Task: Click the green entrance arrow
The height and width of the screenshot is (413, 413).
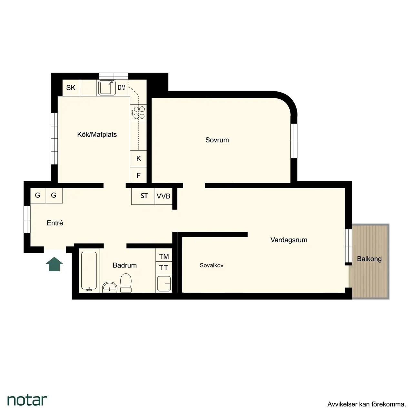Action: (x=54, y=264)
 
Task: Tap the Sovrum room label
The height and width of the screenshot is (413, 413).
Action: (x=217, y=140)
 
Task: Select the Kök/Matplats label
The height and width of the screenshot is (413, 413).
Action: (x=97, y=135)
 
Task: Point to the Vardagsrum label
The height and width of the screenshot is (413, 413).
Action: (x=289, y=240)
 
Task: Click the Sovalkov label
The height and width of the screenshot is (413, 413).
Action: (x=211, y=265)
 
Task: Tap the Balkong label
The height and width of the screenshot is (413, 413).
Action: (x=369, y=259)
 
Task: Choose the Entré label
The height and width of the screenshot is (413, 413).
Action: (x=55, y=223)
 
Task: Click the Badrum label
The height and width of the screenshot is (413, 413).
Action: (x=125, y=265)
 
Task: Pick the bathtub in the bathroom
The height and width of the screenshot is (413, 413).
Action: (x=89, y=271)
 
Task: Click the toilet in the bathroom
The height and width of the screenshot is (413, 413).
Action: (x=126, y=283)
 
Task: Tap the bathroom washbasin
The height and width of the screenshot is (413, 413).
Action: (x=110, y=287)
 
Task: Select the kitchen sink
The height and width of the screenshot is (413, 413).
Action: (x=106, y=88)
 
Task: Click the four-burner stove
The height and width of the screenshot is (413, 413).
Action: (x=138, y=113)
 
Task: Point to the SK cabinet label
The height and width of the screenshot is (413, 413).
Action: (x=71, y=88)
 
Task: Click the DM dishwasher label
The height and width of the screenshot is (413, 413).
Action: (x=122, y=87)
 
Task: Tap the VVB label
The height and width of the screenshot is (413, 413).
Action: (x=163, y=196)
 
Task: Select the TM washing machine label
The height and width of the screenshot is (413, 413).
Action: (x=164, y=257)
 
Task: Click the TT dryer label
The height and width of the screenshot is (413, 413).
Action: (x=164, y=268)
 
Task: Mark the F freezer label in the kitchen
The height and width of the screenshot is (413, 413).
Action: (x=138, y=176)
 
